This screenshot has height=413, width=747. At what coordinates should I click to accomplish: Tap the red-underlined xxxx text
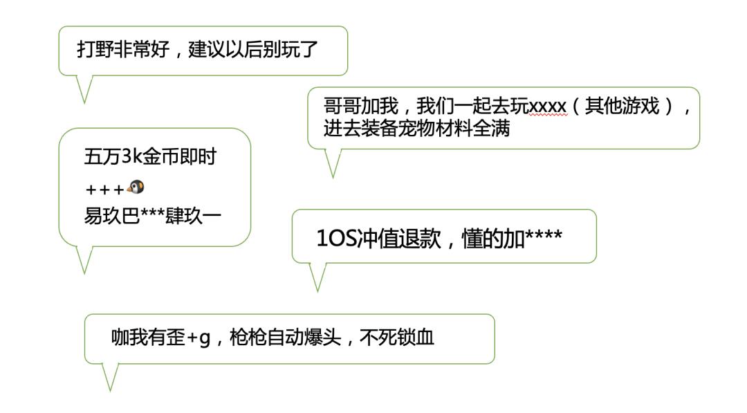(x=548, y=107)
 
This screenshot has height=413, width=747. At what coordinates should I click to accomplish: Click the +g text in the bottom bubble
(x=198, y=338)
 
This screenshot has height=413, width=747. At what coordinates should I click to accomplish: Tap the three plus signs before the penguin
(x=105, y=189)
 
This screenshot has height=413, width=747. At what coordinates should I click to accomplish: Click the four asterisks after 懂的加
(x=544, y=238)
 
